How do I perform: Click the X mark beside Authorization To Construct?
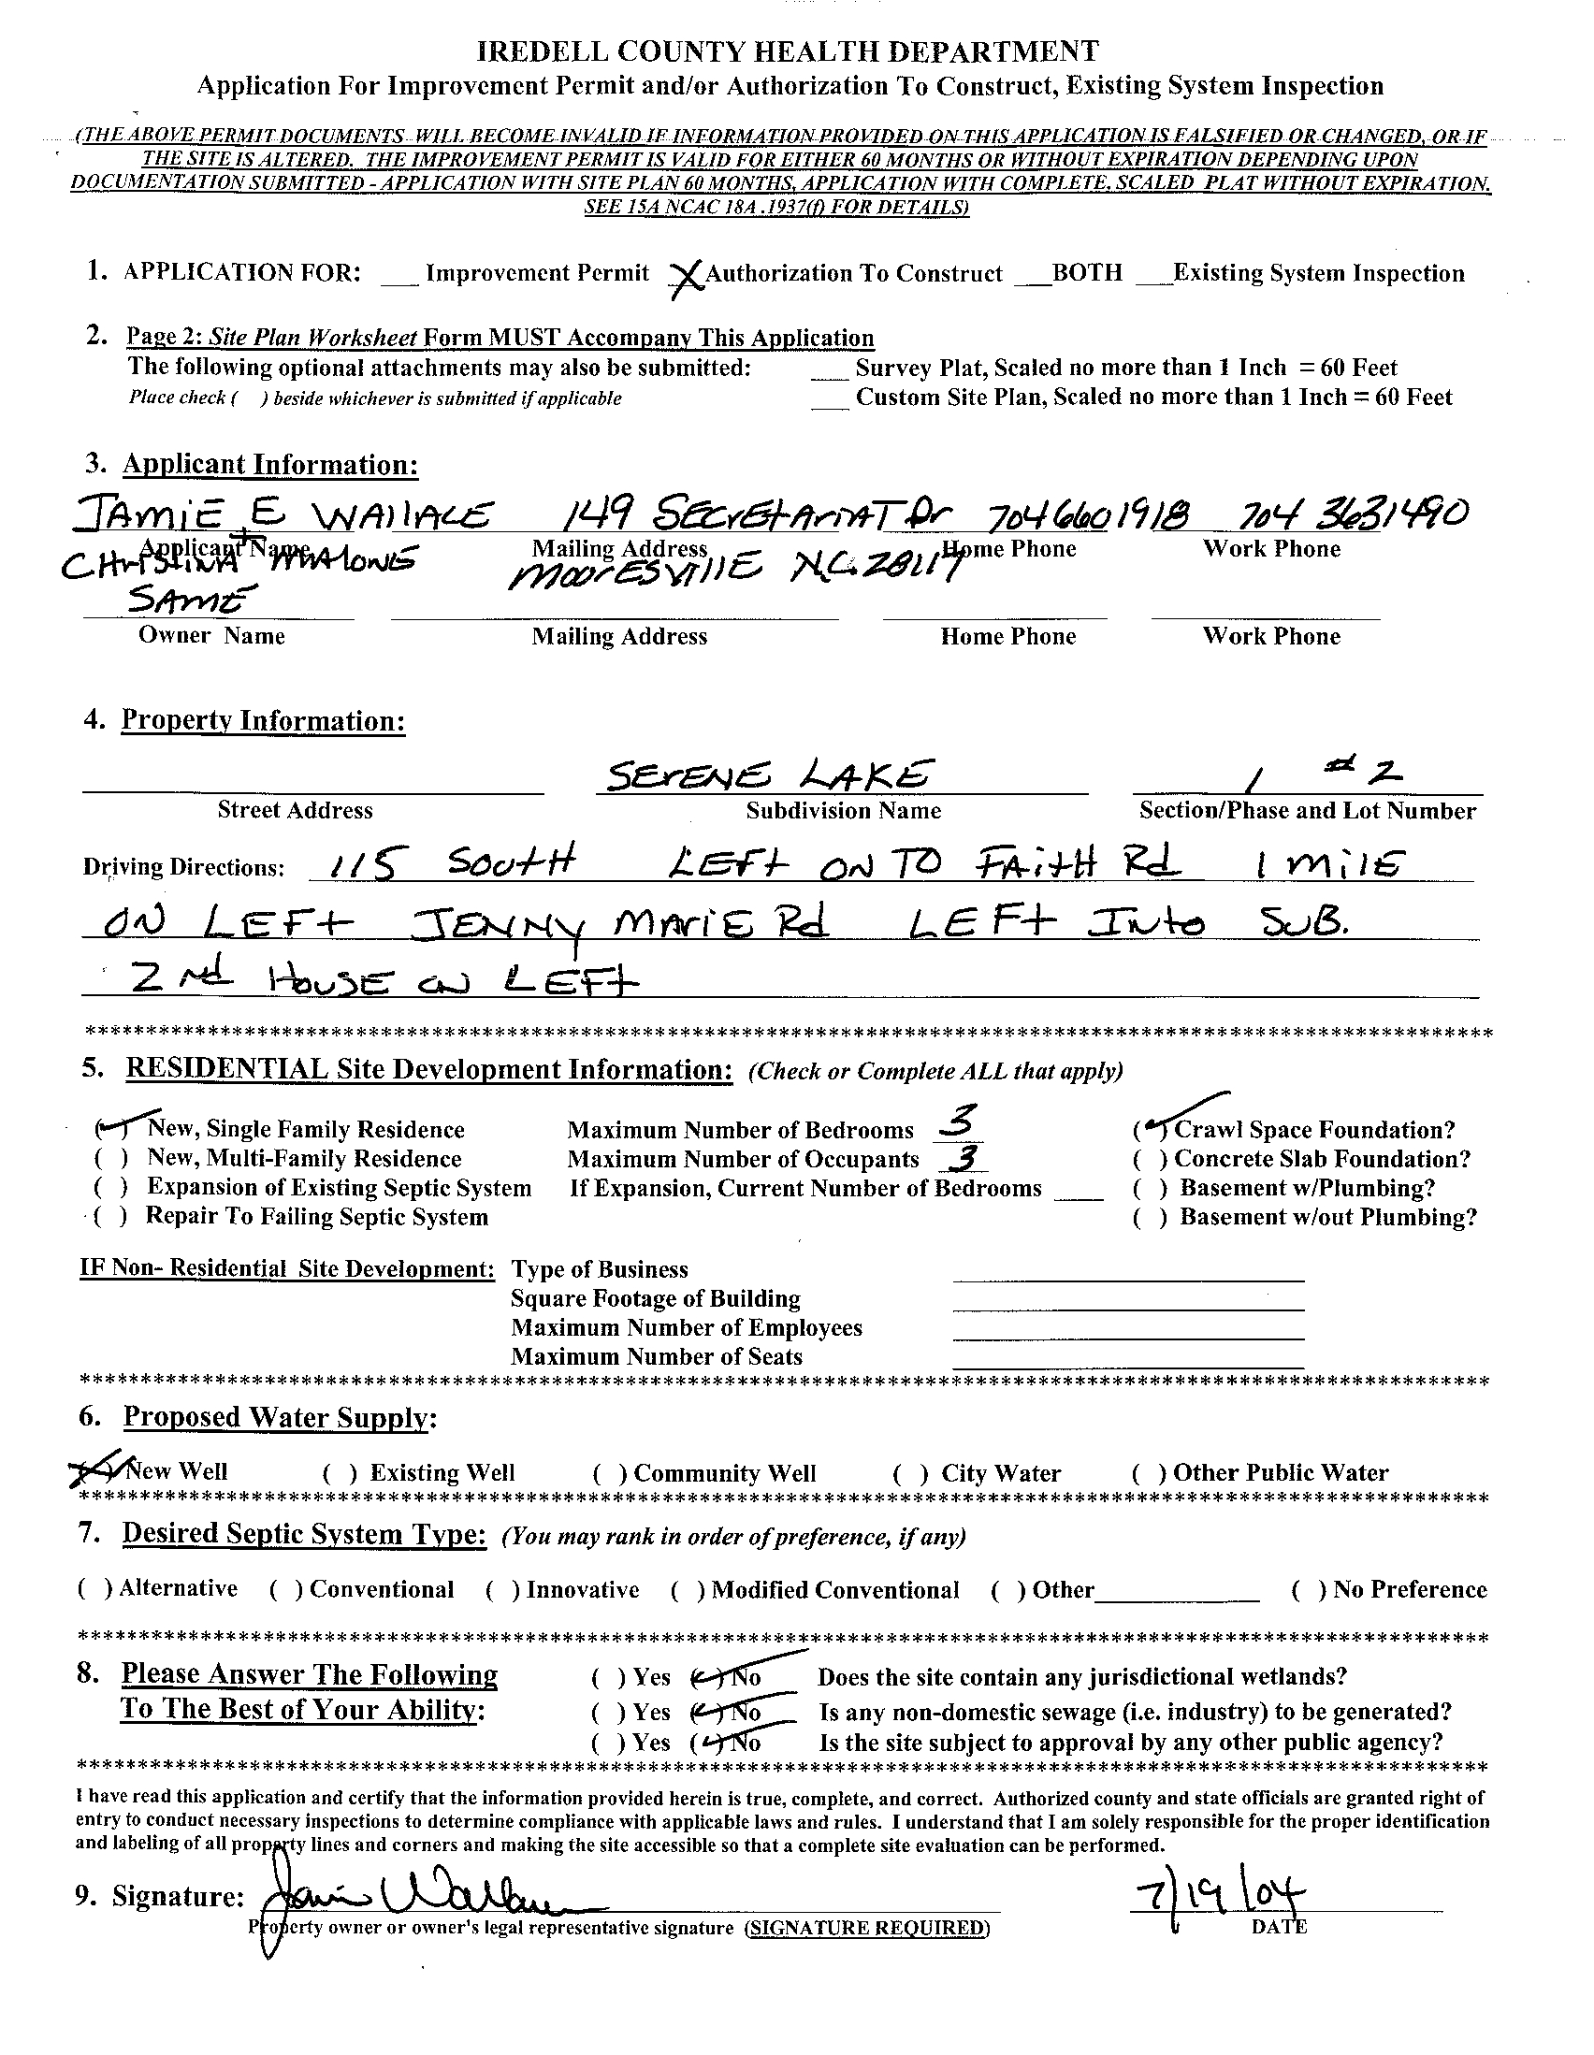pyautogui.click(x=687, y=277)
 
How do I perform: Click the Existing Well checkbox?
pyautogui.click(x=332, y=1474)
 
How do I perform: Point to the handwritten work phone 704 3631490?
pyautogui.click(x=1355, y=514)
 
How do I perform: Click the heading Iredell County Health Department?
pyautogui.click(x=788, y=51)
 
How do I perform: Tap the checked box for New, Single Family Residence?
pyautogui.click(x=109, y=1128)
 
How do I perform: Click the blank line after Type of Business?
pyautogui.click(x=1127, y=1271)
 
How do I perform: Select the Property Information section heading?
pyautogui.click(x=264, y=721)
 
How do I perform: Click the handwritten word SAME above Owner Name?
pyautogui.click(x=192, y=600)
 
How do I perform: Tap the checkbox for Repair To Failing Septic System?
pyautogui.click(x=109, y=1218)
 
